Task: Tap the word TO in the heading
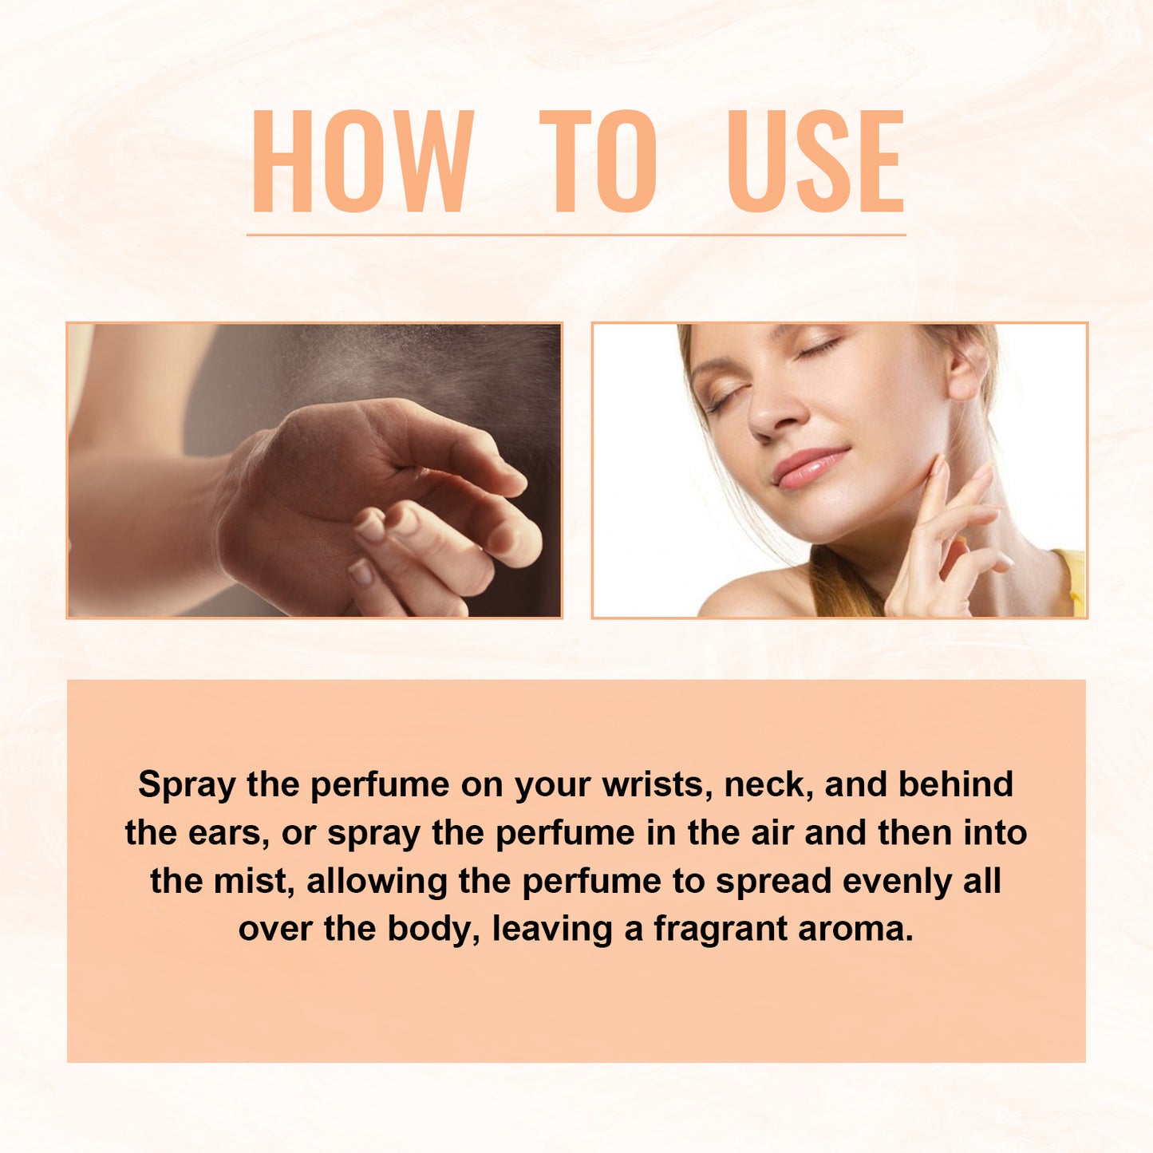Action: tap(598, 161)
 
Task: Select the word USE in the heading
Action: tap(815, 161)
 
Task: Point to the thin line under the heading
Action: tap(576, 235)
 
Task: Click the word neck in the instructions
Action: tap(768, 784)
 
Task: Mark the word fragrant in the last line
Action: tap(721, 930)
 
